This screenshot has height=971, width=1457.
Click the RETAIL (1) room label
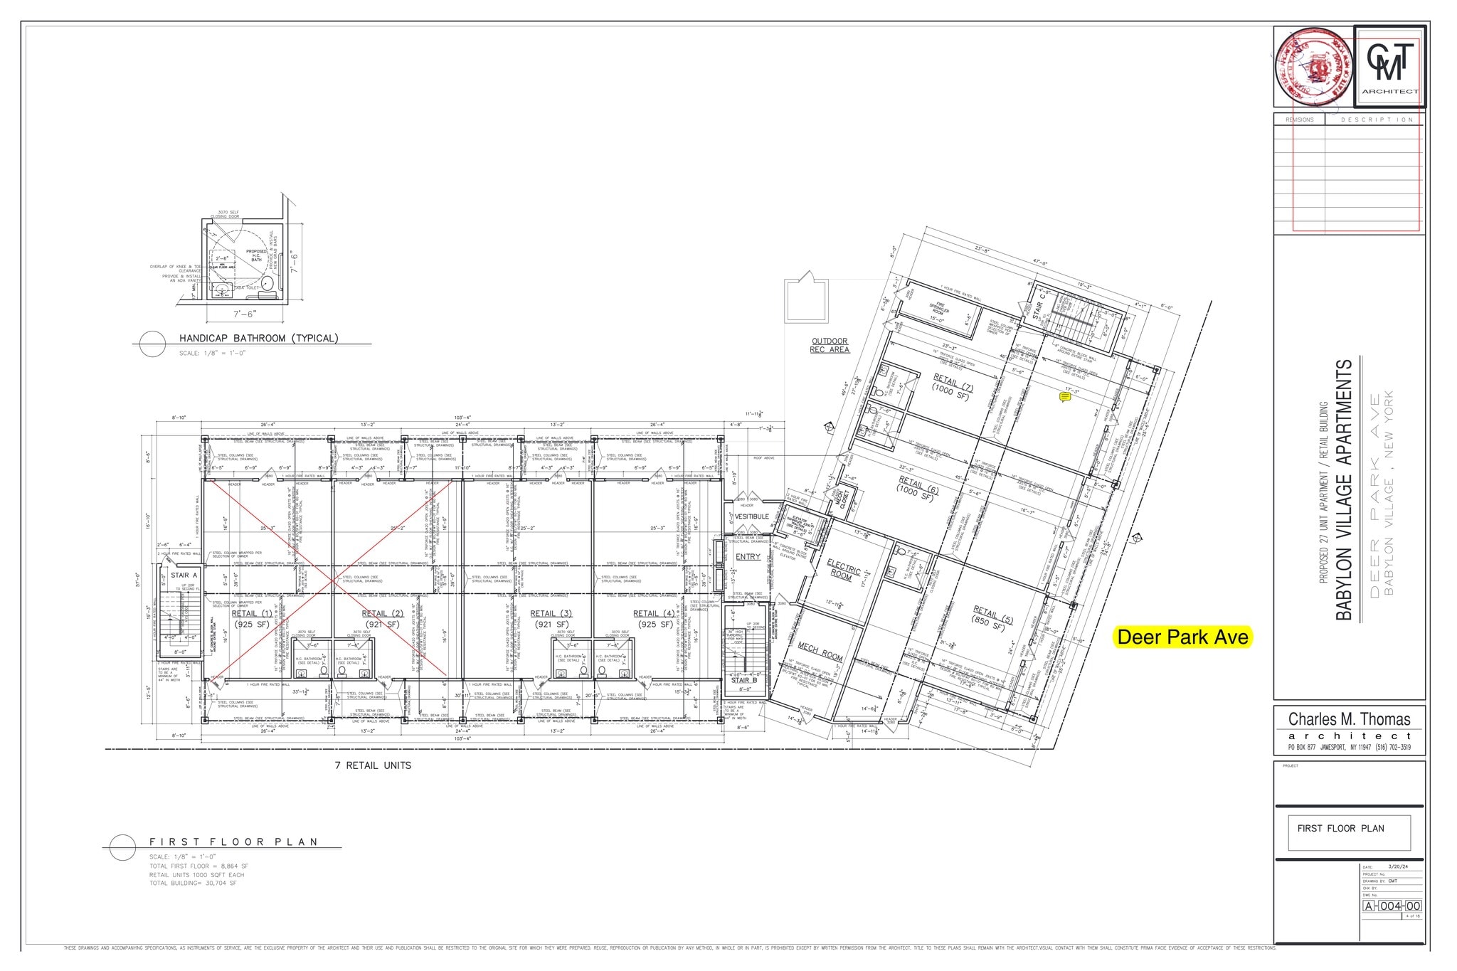point(251,614)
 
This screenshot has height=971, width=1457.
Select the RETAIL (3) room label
point(551,614)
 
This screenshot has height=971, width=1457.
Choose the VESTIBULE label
point(751,516)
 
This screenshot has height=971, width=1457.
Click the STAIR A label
point(184,575)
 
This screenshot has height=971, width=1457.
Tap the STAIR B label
point(744,680)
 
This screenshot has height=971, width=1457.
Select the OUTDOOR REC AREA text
point(830,345)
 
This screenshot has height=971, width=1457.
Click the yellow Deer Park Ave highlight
point(1182,637)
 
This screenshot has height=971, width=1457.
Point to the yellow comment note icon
point(1065,398)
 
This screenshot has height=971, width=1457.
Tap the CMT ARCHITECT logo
point(1389,67)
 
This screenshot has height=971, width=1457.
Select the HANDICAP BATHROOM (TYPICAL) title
point(258,338)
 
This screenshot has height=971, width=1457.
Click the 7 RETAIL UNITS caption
point(373,765)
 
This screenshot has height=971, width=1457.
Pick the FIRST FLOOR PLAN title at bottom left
point(233,842)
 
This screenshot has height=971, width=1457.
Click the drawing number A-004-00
point(1392,906)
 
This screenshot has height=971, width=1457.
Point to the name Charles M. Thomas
point(1349,719)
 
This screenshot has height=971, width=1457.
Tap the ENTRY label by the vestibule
point(748,557)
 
